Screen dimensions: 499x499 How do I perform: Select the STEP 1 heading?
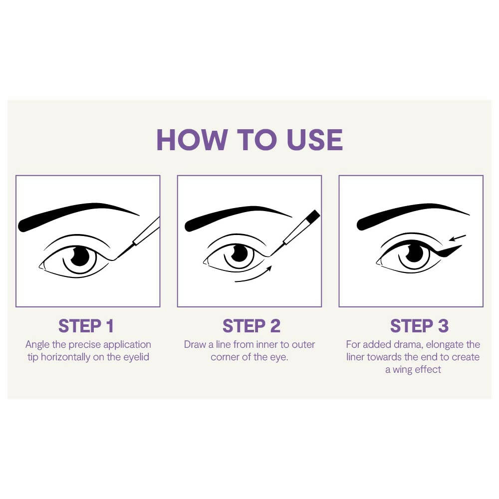[x=86, y=326]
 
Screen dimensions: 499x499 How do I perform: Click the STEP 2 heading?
[x=251, y=326]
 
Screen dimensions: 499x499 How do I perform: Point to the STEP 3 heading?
[x=419, y=326]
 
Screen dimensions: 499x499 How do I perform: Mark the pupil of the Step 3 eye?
[x=413, y=253]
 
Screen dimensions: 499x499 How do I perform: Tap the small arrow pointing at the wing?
[x=458, y=238]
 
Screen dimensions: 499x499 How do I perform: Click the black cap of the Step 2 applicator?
[x=313, y=216]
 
